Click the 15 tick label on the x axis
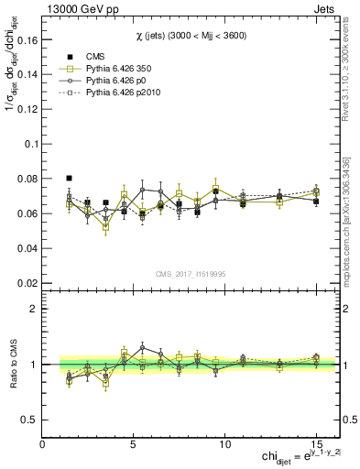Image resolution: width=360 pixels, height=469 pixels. pos(316,444)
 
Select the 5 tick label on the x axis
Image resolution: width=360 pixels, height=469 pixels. pos(134,444)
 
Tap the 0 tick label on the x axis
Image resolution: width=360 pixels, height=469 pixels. pos(42,444)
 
